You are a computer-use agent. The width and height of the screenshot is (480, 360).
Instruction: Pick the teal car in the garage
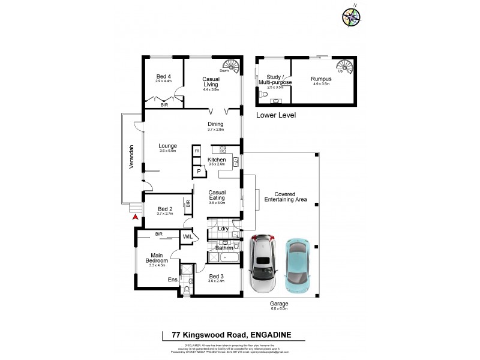coord(298,262)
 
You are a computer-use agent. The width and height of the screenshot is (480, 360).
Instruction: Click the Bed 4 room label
coord(163,76)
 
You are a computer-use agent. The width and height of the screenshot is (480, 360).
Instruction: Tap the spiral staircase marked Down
coord(230,65)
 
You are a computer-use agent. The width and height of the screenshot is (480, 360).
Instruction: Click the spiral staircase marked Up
coord(344,65)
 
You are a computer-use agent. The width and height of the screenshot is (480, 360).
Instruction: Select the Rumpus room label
coord(321,79)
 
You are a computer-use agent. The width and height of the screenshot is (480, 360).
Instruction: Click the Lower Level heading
coord(276,115)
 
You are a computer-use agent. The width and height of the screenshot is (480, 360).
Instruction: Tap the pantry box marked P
coord(197,172)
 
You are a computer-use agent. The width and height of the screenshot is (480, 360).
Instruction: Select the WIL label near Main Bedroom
coord(187,238)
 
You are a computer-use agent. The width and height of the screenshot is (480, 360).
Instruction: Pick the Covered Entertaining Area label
coord(290,197)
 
